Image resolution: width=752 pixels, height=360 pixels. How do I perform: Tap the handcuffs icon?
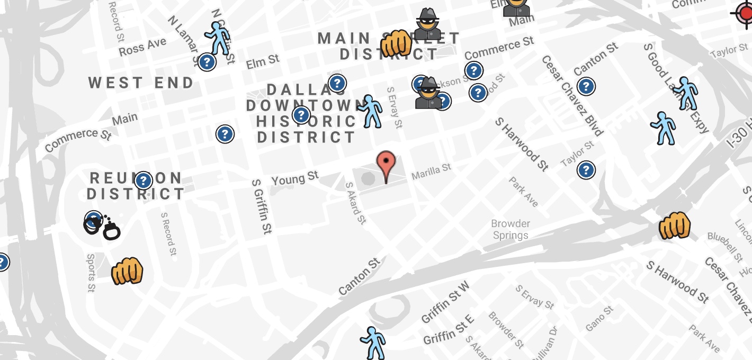[x=103, y=227]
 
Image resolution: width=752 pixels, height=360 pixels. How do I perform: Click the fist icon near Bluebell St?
[x=675, y=226]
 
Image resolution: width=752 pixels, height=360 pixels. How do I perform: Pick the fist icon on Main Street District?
[x=396, y=43]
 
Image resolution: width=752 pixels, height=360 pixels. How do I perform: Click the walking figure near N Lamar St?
[x=218, y=38]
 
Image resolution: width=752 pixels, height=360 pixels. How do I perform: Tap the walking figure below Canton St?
[x=373, y=342]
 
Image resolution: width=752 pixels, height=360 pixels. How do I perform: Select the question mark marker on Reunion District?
[x=144, y=181]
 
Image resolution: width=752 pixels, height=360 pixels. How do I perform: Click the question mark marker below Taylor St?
[x=585, y=170]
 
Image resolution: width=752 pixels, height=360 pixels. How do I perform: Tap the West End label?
[x=141, y=83]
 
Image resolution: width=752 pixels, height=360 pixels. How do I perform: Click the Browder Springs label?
[x=511, y=229]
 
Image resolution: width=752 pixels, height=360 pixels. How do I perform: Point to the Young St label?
[x=295, y=178]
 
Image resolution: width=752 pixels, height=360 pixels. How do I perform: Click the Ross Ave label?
[x=142, y=47]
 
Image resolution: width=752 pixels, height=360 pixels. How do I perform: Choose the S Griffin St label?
[x=262, y=206]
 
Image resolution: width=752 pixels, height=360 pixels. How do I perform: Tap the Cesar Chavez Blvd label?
[x=572, y=95]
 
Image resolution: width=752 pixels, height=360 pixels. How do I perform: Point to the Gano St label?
[x=599, y=318]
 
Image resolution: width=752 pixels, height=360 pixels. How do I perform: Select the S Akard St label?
[x=355, y=203]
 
